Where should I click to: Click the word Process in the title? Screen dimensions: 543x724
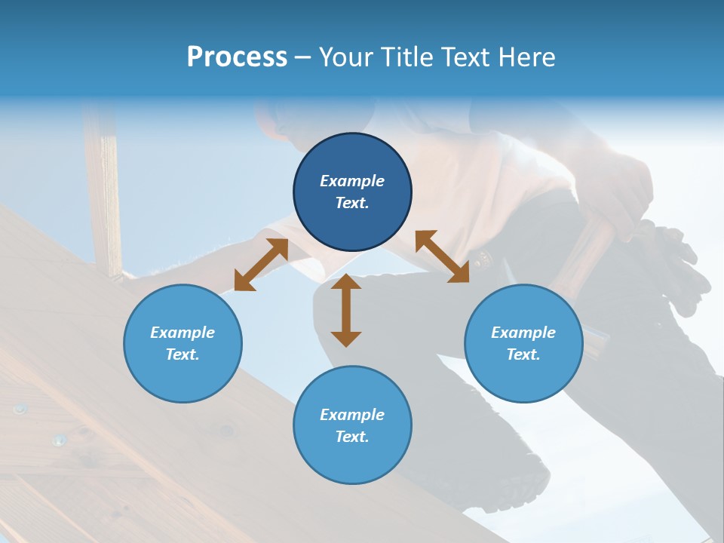tap(237, 57)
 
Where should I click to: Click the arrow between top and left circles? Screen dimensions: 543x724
tap(261, 265)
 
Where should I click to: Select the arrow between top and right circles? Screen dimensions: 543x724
tap(443, 256)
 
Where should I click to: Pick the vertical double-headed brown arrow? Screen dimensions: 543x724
tap(346, 311)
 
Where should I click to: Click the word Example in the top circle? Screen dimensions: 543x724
tap(352, 181)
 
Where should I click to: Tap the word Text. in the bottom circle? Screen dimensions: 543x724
tap(352, 437)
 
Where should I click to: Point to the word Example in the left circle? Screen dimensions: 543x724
tap(183, 333)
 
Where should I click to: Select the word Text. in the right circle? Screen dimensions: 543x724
tap(523, 354)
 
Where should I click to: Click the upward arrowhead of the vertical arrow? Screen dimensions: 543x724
tap(346, 283)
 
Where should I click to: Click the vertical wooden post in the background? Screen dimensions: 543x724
tap(103, 189)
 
